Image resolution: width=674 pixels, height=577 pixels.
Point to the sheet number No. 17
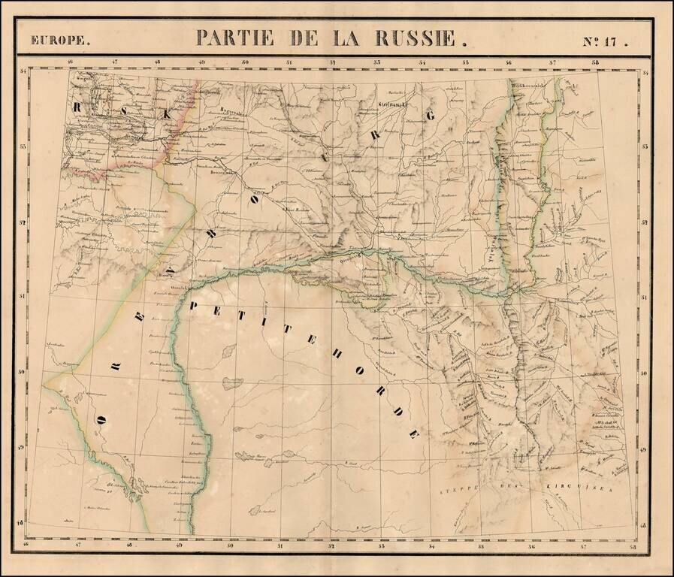click(x=604, y=41)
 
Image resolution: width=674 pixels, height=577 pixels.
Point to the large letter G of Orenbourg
click(x=431, y=115)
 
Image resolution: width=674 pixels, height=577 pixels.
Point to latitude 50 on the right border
click(x=645, y=372)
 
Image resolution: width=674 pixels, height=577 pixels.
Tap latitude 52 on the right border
click(x=645, y=223)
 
